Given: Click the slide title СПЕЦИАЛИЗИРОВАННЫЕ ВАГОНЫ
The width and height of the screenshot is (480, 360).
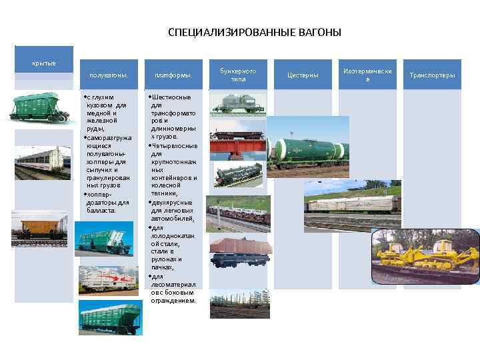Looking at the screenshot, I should tap(254, 32).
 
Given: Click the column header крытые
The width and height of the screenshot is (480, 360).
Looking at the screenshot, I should tap(44, 63).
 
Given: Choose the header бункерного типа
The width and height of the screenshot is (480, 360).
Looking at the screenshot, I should tap(238, 74).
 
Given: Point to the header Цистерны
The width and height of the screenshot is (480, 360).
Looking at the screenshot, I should tap(303, 75).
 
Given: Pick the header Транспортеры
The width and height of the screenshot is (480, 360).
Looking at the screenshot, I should tap(432, 75).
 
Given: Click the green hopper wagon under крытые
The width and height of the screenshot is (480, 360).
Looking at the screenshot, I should tap(40, 107).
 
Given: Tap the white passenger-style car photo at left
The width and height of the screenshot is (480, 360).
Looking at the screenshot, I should tap(40, 164).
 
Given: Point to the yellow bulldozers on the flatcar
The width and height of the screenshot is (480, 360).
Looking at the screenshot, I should tap(425, 256).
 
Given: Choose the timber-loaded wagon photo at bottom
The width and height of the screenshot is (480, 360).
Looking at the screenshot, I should tap(240, 303).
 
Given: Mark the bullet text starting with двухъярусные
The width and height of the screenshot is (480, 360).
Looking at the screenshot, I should tap(174, 210).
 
